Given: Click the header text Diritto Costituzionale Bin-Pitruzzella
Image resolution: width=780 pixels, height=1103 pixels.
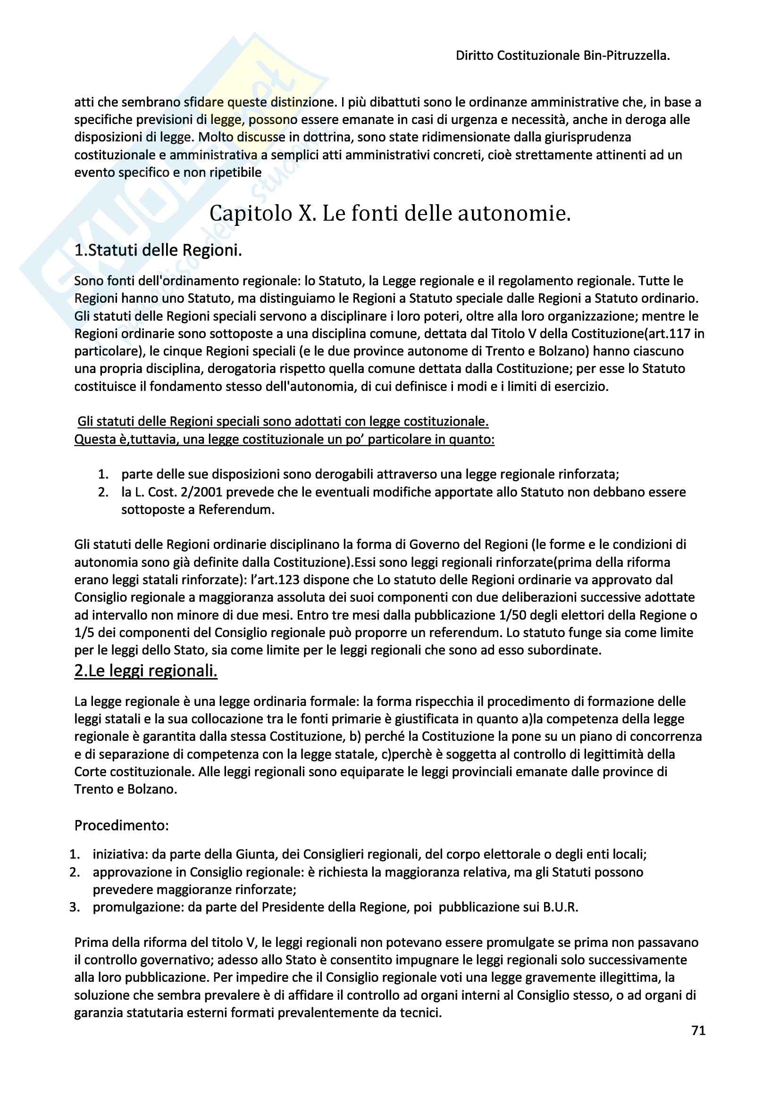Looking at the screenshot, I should [x=562, y=56].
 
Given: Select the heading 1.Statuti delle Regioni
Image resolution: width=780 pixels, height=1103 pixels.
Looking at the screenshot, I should [x=158, y=250].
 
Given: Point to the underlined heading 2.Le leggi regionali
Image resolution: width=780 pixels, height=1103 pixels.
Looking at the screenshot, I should [x=146, y=671].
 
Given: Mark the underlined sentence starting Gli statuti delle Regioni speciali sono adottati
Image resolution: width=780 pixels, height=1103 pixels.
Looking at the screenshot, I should [x=283, y=422].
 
